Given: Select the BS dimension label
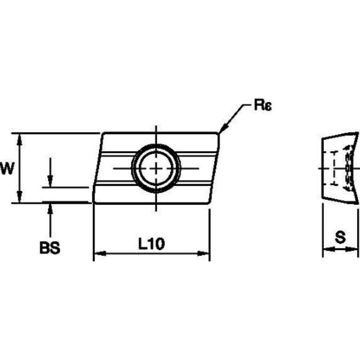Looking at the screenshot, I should (x=50, y=248).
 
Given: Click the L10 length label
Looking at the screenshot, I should (x=152, y=244).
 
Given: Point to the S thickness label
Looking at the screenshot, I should (x=340, y=237).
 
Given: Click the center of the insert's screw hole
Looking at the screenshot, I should (x=156, y=168).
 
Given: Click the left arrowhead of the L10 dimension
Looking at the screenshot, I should (x=99, y=254).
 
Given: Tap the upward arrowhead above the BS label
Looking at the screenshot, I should (x=50, y=208).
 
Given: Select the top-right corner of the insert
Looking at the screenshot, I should (x=218, y=134).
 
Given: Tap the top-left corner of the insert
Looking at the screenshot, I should (x=103, y=134).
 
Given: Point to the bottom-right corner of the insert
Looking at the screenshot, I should (x=209, y=204).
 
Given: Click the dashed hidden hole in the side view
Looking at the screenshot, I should (x=335, y=168).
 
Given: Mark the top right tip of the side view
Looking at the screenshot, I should (x=358, y=133).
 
